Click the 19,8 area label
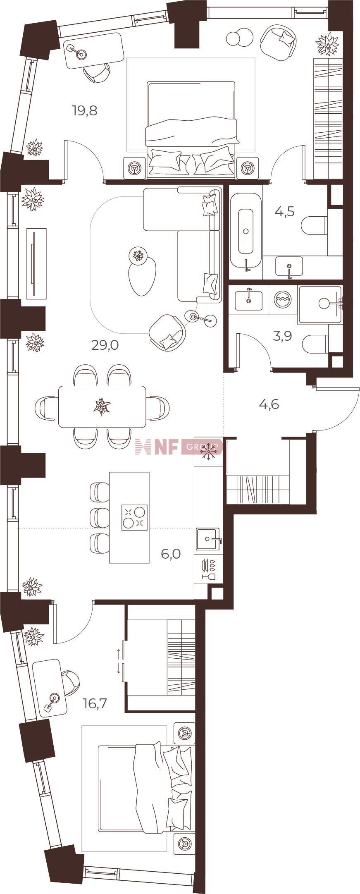(x=85, y=111)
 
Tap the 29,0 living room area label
(x=105, y=345)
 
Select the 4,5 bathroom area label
(x=285, y=212)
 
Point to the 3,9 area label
(x=283, y=336)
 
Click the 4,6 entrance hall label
(x=269, y=404)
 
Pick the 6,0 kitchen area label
(x=171, y=554)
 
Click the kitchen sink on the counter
(x=208, y=539)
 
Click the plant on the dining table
(x=102, y=406)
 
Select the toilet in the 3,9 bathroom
(x=316, y=344)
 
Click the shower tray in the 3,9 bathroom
(x=320, y=305)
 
